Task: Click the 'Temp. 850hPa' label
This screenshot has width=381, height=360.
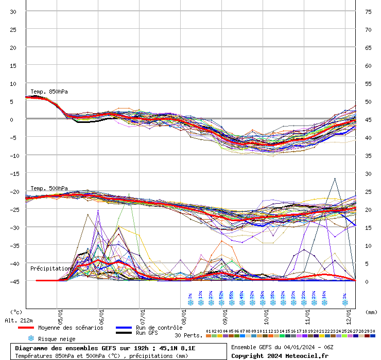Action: point(49,92)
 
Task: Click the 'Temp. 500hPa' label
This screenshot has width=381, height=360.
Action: point(49,188)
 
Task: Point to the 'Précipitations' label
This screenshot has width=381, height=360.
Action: point(50,268)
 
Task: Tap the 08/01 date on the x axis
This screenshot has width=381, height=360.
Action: point(184,313)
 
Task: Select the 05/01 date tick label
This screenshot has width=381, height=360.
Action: point(60,313)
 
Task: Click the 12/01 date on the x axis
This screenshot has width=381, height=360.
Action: point(349,313)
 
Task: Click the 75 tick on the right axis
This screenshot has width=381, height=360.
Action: point(368,11)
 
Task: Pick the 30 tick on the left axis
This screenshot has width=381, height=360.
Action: point(13,11)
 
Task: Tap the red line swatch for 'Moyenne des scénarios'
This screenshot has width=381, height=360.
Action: point(26,328)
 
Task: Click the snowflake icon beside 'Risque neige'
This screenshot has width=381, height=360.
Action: point(30,338)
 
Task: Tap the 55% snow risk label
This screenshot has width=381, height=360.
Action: point(232,296)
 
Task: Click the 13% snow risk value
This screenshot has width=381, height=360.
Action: point(200,296)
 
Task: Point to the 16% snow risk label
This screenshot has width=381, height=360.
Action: point(324,296)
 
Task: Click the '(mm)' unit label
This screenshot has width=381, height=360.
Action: point(371,312)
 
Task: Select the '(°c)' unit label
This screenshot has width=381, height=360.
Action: point(16,312)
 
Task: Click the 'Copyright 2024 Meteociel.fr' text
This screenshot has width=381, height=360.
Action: point(280,355)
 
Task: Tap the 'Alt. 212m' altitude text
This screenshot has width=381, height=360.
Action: point(19,320)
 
